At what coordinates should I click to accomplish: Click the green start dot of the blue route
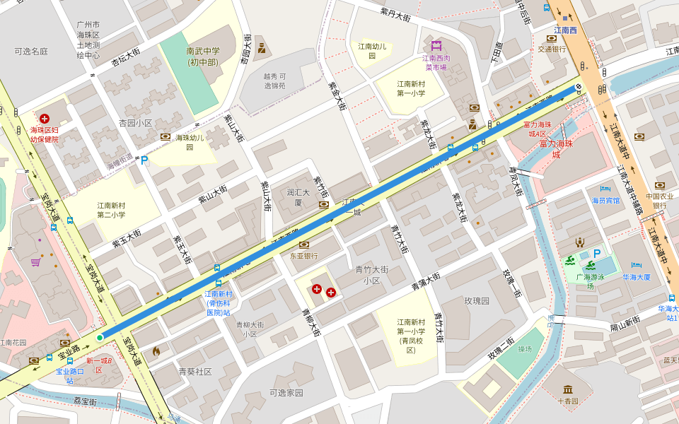coord(100,338)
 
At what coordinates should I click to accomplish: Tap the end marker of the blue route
coord(579,88)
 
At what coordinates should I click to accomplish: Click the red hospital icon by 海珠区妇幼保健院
coord(45,119)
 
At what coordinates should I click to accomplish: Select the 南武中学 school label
coord(203,56)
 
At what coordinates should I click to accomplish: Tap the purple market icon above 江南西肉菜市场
coord(436,46)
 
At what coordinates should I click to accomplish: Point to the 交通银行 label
coord(551,49)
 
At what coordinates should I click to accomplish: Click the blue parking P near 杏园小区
coord(144,160)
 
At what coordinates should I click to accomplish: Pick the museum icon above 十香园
coord(568,389)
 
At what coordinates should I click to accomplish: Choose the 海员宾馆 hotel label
coord(605,200)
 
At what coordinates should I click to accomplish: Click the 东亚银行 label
coord(303,256)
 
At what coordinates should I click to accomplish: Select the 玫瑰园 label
coord(477,300)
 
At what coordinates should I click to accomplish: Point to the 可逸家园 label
coord(286,393)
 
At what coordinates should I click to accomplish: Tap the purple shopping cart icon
coord(35,262)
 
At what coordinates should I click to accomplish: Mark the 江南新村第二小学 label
coord(111,210)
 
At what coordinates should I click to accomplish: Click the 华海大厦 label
coord(636,277)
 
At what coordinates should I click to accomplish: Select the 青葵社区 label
coord(195,371)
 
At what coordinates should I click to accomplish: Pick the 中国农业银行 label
coord(659,200)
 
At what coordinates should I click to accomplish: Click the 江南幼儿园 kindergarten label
coord(372,52)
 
